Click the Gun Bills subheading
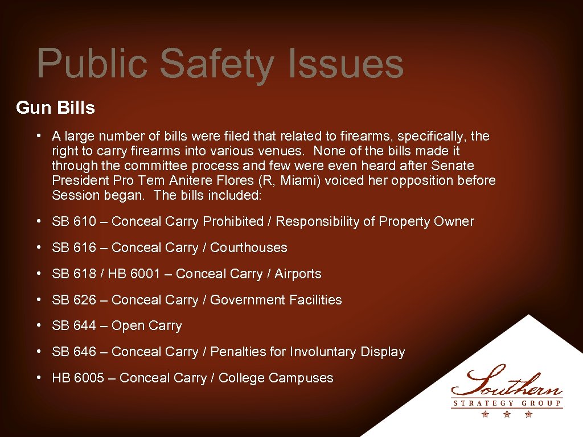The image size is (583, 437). tap(56, 108)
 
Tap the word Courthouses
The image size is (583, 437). tap(249, 248)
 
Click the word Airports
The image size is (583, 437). tap(298, 274)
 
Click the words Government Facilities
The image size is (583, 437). tap(276, 300)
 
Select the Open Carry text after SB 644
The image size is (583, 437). tap(146, 326)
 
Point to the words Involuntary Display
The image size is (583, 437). tap(347, 352)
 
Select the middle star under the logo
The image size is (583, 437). tap(507, 414)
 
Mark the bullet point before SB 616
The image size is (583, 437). tap(38, 248)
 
